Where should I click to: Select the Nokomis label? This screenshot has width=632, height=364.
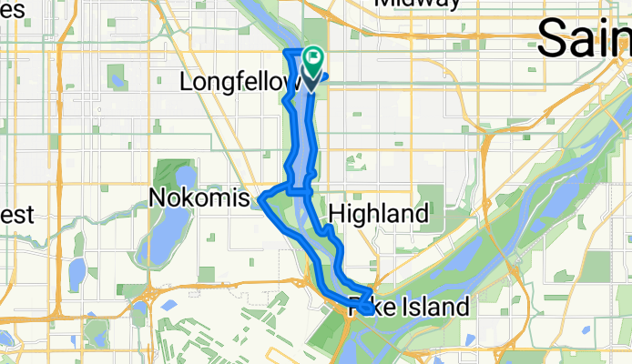point(199,197)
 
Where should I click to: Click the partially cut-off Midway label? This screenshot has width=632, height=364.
point(417,4)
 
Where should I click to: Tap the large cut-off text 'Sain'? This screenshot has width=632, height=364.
point(583,39)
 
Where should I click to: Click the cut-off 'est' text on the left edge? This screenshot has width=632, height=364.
point(16,216)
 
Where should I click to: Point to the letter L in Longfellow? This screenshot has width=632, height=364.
point(187,82)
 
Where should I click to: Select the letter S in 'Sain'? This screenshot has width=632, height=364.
point(553,39)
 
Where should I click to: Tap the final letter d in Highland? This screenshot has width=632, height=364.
point(422,215)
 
